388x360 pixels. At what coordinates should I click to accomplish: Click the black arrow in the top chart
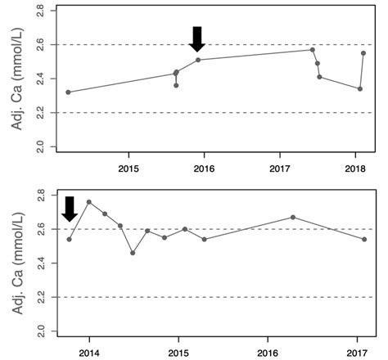(x=196, y=38)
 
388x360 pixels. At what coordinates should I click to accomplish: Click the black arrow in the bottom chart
(x=70, y=209)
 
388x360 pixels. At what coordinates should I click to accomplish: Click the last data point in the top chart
(x=363, y=53)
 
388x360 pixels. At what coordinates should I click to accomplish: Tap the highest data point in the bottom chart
(x=89, y=202)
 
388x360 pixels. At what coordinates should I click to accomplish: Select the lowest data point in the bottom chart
(x=133, y=253)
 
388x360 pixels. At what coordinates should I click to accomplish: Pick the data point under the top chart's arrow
(x=198, y=60)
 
